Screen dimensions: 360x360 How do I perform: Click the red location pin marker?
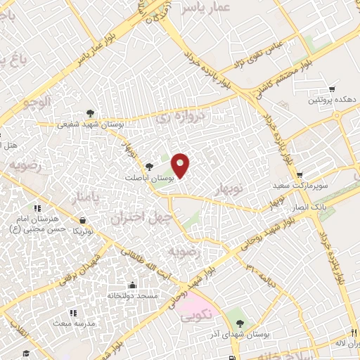(181, 165)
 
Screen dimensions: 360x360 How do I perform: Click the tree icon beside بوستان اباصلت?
(149, 167)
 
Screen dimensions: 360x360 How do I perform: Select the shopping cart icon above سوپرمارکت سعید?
(300, 175)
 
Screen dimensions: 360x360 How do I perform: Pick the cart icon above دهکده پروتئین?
(330, 89)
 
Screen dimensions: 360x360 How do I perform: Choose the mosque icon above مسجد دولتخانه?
(131, 285)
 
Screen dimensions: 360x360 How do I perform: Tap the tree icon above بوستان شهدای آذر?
(241, 323)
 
